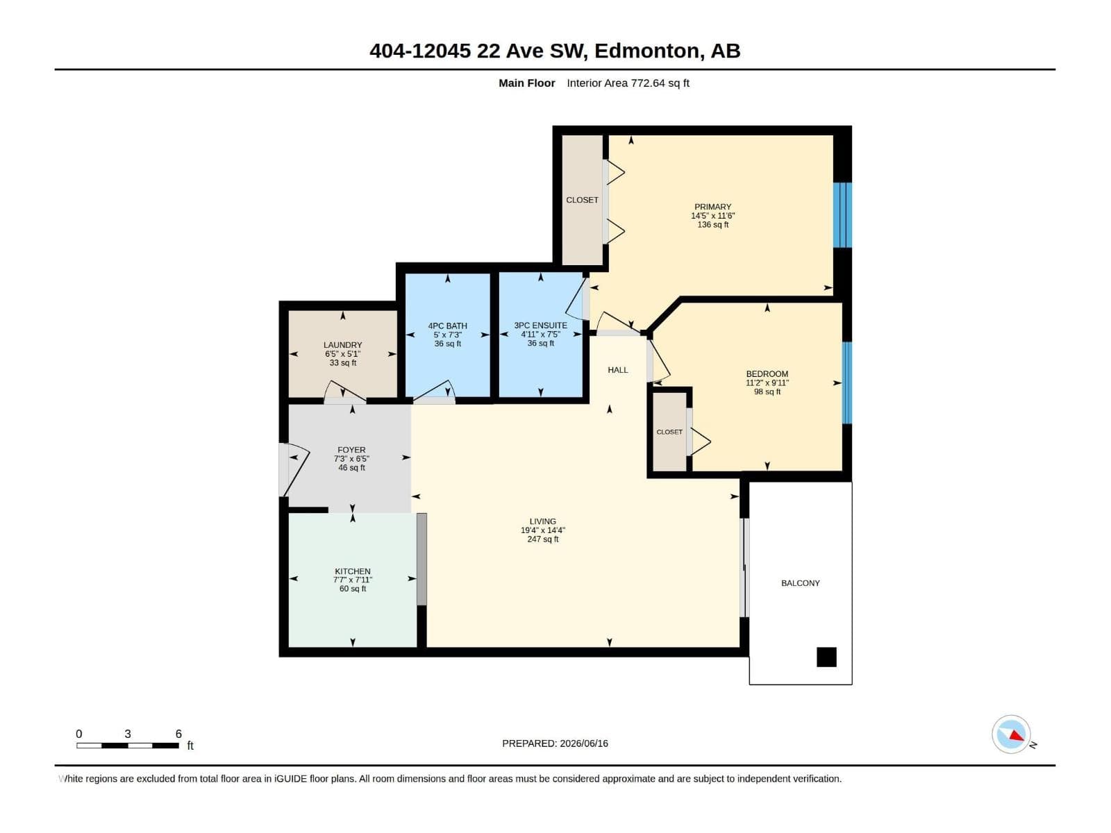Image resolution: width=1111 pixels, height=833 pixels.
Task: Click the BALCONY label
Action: tap(800, 583)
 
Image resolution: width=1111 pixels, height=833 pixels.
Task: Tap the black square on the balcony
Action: tap(826, 657)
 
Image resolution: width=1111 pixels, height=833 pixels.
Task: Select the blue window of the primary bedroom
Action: tap(842, 215)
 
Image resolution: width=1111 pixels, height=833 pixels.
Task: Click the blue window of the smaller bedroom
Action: tap(846, 383)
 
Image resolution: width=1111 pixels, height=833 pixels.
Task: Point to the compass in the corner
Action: tap(1012, 734)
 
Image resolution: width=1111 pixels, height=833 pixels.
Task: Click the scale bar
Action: tap(128, 746)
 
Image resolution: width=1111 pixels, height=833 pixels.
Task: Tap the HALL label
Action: tap(617, 370)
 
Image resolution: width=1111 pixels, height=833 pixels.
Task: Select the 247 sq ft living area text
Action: tap(542, 539)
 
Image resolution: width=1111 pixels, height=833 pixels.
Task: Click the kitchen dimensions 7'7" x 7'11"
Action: tap(352, 580)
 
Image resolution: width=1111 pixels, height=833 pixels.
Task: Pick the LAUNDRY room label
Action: tap(342, 345)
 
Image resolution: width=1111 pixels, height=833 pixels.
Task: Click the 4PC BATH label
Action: tap(447, 326)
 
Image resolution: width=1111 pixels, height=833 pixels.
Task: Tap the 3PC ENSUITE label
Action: tap(540, 325)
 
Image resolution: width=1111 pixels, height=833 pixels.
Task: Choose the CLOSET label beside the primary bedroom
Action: tap(582, 200)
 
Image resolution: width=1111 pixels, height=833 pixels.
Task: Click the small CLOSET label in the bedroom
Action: tap(669, 432)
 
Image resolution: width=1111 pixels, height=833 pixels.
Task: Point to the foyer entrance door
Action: tap(294, 470)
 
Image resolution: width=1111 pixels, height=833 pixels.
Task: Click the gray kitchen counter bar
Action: tap(421, 559)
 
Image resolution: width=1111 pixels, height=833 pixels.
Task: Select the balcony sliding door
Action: tap(744, 567)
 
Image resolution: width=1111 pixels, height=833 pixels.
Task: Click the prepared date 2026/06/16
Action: tap(583, 743)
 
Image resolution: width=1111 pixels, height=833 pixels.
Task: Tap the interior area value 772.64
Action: tap(647, 83)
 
